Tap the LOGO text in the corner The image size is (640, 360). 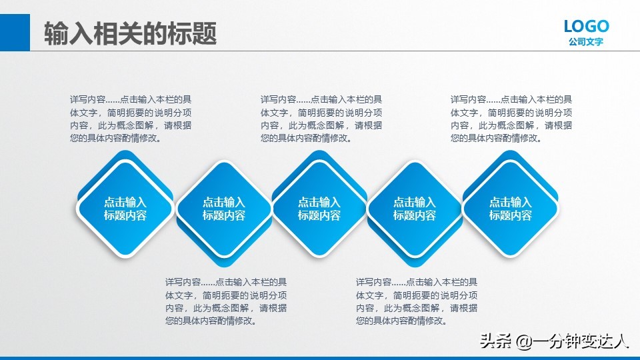586,26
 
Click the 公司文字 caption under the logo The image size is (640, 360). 586,42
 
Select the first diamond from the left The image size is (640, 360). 125,209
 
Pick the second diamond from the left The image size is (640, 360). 223,209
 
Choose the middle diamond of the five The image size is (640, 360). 319,209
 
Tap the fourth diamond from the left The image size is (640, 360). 414,209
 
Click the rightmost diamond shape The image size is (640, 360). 510,209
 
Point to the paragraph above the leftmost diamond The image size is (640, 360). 131,119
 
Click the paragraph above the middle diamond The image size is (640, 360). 321,119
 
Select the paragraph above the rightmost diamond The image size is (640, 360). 511,119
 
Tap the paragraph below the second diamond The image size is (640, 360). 226,301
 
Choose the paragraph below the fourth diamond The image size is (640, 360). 416,301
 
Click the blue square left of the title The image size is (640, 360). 15,31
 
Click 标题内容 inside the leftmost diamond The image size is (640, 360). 125,215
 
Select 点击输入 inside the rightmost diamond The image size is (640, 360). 510,202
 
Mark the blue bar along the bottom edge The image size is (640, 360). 320,357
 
